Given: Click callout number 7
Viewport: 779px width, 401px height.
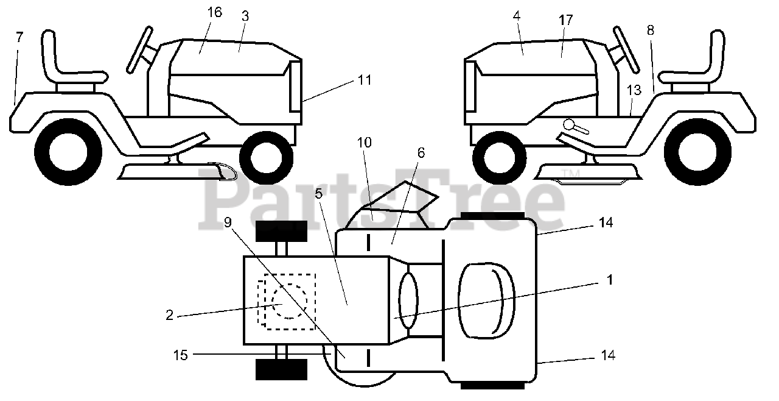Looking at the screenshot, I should (19, 38).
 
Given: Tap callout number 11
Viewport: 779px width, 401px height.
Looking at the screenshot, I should (365, 80).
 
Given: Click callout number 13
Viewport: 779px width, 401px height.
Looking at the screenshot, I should (634, 90).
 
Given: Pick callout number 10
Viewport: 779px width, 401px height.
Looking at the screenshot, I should (365, 143).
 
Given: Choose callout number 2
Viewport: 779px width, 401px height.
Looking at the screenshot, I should (170, 315).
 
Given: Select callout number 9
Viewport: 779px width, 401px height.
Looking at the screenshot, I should (228, 222).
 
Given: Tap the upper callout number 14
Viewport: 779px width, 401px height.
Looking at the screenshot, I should (605, 223).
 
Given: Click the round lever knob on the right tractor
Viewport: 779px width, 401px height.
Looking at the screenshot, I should (570, 125).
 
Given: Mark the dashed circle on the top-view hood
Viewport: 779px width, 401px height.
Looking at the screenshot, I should (287, 301).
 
